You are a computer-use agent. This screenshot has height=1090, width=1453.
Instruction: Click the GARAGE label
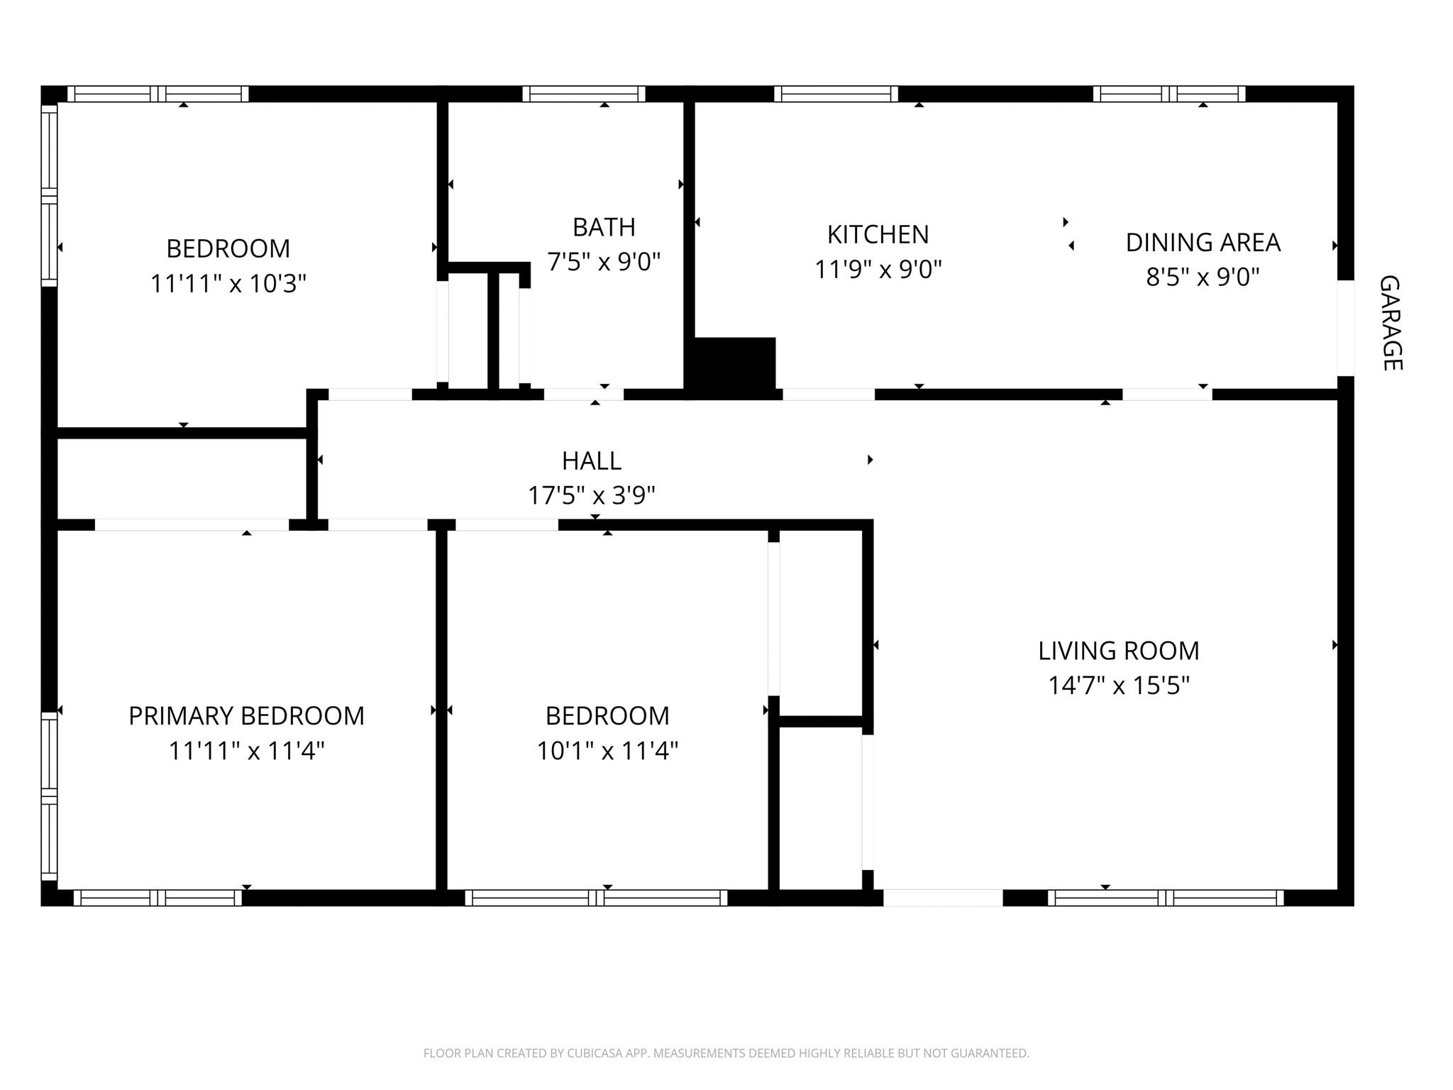1391,323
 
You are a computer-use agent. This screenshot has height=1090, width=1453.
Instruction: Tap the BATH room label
604,227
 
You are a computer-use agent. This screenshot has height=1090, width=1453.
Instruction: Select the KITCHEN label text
878,234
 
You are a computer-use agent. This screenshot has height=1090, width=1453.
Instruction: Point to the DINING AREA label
1203,243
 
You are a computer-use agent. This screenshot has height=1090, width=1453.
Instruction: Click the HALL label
591,461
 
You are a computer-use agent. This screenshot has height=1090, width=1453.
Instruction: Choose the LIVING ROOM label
1118,651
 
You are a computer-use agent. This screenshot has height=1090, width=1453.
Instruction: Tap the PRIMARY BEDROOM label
246,716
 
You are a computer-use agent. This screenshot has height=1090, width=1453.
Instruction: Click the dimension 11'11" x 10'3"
228,284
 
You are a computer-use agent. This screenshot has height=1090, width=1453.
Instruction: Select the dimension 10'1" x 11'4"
607,751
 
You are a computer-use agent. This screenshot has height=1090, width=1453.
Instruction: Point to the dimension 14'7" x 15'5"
1118,686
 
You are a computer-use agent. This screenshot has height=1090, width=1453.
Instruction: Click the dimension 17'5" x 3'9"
591,495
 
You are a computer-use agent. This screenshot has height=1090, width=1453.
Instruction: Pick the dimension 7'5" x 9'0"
604,262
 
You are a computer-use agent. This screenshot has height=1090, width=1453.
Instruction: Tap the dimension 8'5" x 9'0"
1203,277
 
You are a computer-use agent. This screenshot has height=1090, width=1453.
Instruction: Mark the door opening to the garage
1345,328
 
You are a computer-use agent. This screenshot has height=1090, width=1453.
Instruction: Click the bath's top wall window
584,94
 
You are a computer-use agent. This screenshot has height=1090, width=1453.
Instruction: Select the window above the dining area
1169,94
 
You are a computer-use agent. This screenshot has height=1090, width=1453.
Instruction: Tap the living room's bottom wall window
1166,898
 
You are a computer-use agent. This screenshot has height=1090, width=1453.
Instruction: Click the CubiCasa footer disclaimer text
726,1053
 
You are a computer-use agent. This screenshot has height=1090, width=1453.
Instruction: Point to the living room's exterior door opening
942,898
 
